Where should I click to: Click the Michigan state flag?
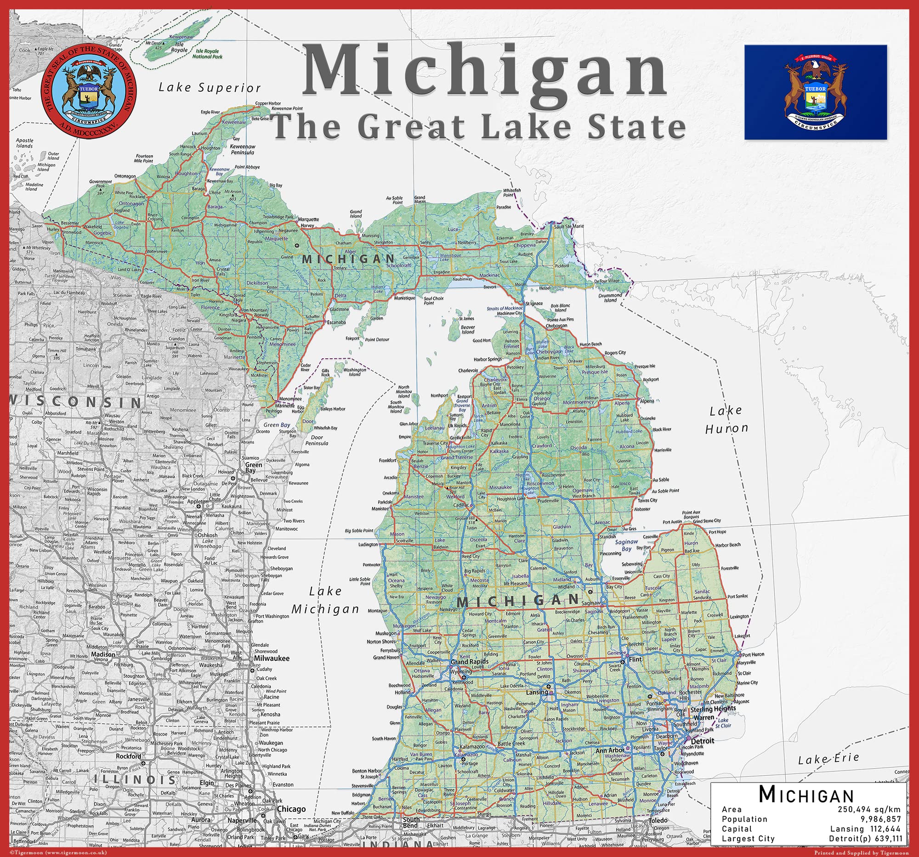(x=816, y=92)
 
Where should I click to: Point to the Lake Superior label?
(x=210, y=87)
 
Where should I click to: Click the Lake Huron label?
(x=726, y=419)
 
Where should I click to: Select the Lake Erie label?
(x=828, y=759)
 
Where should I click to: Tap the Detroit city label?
(x=703, y=741)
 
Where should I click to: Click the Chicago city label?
(x=291, y=809)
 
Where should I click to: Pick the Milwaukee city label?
(x=272, y=658)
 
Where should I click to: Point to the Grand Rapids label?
(x=469, y=661)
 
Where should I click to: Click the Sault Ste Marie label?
(x=568, y=226)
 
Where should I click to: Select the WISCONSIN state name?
(x=76, y=401)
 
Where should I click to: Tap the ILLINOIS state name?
(x=135, y=780)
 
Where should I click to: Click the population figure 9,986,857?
(x=880, y=819)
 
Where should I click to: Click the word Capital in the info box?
(x=737, y=829)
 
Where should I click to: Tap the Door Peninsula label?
(x=317, y=440)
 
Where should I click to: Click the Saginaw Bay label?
(x=626, y=545)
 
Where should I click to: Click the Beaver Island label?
(x=468, y=329)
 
